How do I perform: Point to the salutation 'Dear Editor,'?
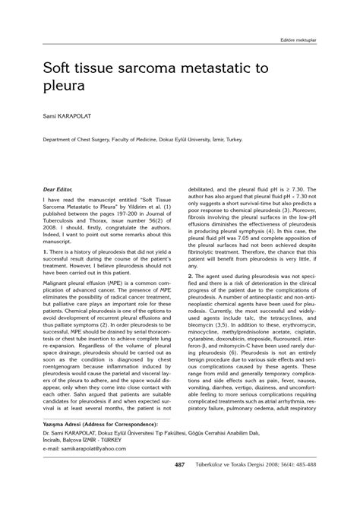(x=60, y=185)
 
